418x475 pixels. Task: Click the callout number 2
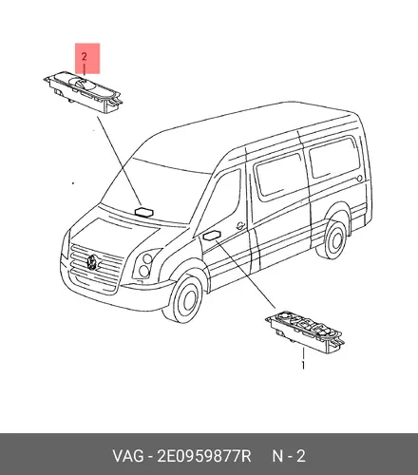84,57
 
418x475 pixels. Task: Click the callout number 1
303,365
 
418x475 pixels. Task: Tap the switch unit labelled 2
83,91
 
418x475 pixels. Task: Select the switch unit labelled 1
305,332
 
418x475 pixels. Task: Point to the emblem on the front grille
92,261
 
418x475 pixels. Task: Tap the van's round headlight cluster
144,265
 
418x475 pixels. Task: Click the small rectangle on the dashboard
144,212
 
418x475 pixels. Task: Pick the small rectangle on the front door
212,236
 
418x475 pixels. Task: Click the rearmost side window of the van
334,158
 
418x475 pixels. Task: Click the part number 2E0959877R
204,456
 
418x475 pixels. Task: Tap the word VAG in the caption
127,456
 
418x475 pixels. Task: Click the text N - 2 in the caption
289,456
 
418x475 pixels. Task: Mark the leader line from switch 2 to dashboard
119,161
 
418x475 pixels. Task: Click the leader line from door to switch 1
246,275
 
